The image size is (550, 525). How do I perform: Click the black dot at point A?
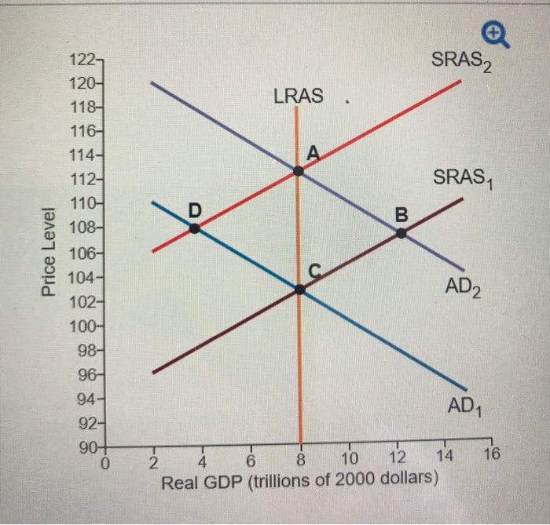click(298, 170)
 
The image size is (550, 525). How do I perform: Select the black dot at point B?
click(401, 233)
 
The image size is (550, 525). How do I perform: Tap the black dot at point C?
click(299, 289)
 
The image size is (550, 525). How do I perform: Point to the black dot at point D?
click(194, 228)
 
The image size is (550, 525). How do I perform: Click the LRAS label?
click(298, 97)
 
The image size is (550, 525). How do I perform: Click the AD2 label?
click(464, 288)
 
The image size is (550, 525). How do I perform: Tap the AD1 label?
click(465, 407)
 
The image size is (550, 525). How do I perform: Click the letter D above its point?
click(195, 209)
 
